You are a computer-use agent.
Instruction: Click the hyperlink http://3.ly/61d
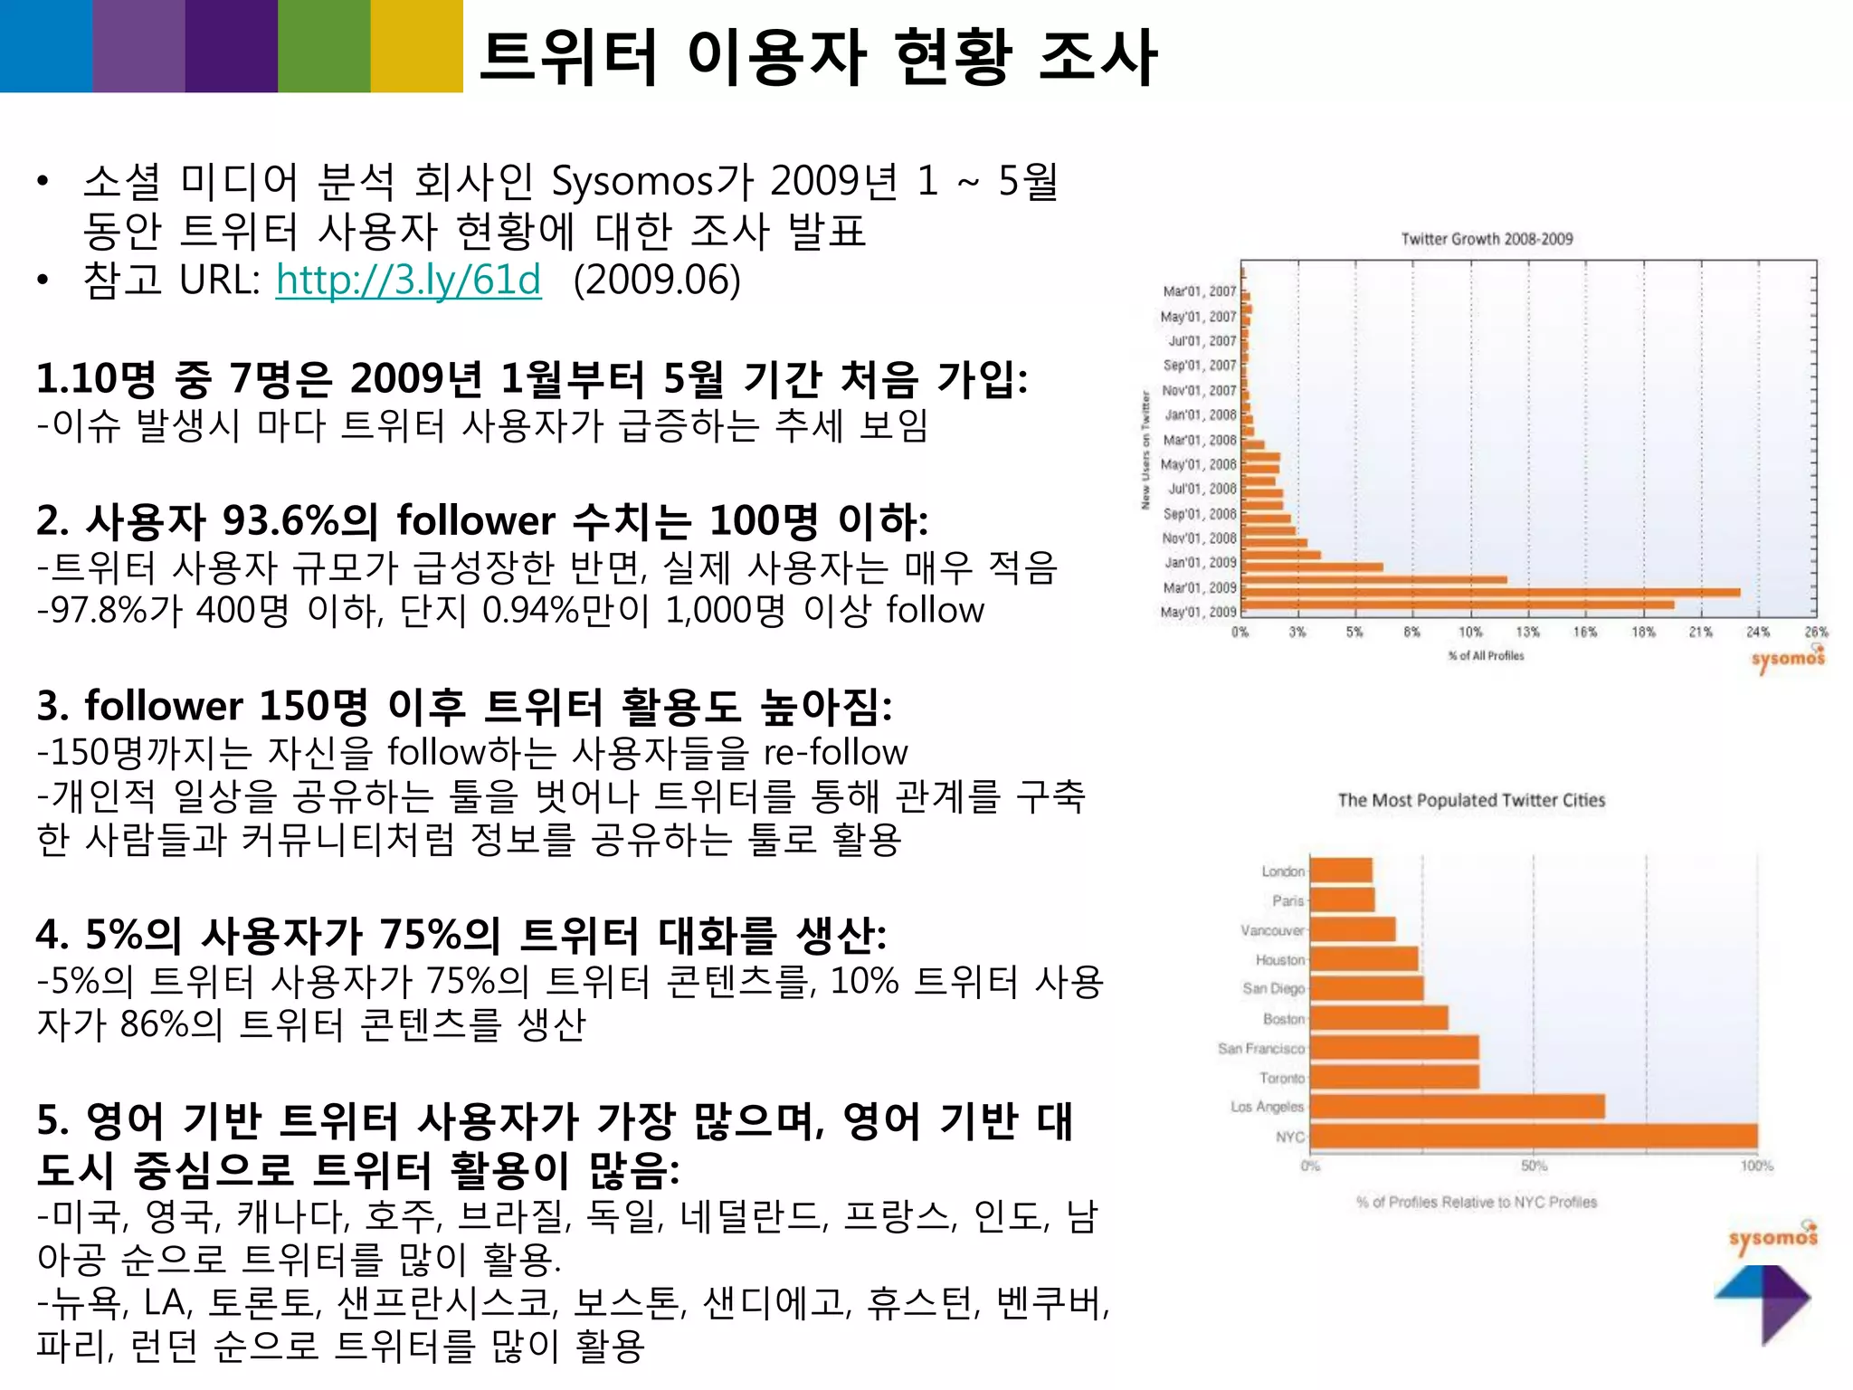[408, 280]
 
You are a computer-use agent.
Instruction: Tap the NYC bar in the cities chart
[1533, 1137]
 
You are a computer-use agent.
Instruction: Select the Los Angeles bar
[1457, 1107]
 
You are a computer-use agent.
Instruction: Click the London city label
[1283, 871]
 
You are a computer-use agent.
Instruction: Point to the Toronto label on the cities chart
[1282, 1078]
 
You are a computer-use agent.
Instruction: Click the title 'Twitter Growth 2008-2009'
[1487, 239]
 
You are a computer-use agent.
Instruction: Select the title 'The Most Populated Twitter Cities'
[1471, 800]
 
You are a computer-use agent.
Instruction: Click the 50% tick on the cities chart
[1534, 1166]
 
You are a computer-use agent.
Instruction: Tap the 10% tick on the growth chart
[1470, 633]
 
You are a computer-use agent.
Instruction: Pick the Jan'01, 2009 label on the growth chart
[1200, 563]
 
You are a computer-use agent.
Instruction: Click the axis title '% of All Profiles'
[1486, 656]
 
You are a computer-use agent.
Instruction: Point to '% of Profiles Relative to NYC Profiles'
[1477, 1203]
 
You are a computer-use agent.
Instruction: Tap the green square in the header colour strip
[324, 46]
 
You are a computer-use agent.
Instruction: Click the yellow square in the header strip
[416, 46]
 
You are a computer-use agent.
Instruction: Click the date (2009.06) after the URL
[657, 280]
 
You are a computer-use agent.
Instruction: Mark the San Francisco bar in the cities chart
[1394, 1048]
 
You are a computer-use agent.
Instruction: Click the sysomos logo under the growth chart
[1788, 658]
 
